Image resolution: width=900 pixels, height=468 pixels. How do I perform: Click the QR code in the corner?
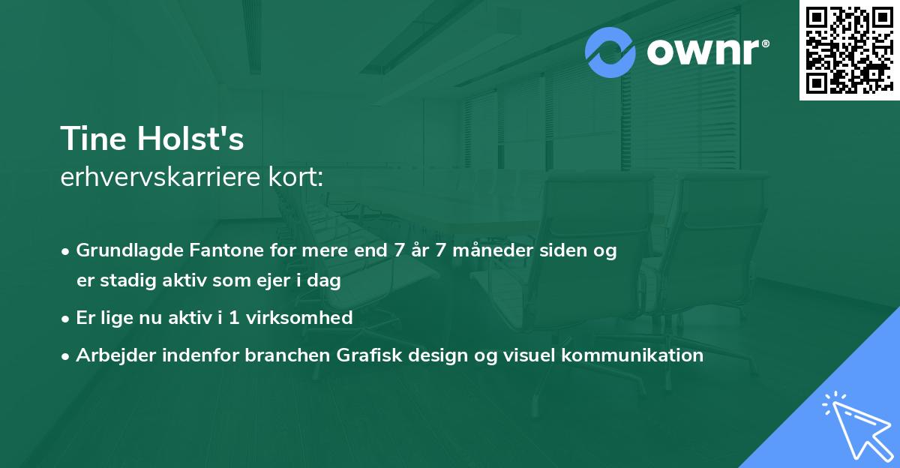tap(849, 49)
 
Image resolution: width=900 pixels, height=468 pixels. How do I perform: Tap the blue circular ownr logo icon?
tap(610, 52)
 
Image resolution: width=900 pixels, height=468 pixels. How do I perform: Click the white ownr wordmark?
tap(708, 52)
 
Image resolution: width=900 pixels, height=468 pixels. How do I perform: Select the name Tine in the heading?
tap(93, 139)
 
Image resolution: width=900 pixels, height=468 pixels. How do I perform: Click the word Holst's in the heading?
tap(190, 139)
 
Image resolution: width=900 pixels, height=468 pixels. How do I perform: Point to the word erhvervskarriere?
tap(160, 177)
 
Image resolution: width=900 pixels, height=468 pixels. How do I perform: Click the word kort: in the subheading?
tap(295, 177)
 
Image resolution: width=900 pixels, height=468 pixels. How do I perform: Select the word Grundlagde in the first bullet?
tap(130, 250)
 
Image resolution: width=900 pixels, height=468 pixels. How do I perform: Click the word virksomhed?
tap(299, 317)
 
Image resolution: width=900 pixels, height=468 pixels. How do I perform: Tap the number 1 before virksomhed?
tap(234, 318)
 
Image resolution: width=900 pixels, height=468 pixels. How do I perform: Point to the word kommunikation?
tap(632, 355)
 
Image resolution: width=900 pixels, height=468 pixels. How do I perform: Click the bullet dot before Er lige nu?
tap(65, 319)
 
